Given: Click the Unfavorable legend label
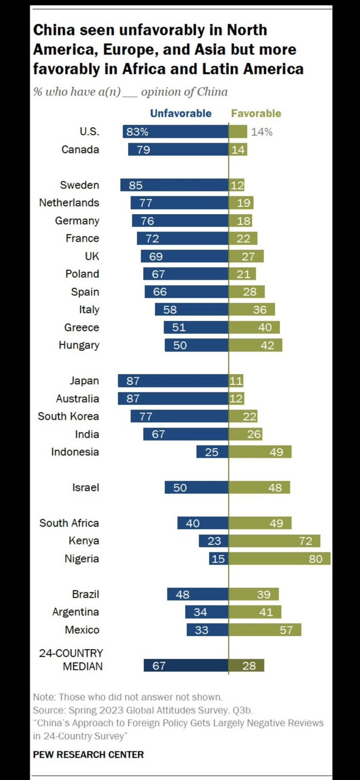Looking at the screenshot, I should click(x=181, y=113).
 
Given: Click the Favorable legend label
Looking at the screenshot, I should click(x=256, y=113).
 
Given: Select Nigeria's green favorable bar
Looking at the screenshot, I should click(x=279, y=558).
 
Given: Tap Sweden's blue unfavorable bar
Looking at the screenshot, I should click(x=174, y=185).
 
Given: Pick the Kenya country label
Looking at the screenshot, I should click(x=84, y=540).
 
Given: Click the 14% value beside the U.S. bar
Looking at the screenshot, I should click(x=262, y=132).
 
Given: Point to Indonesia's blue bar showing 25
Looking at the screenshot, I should click(x=212, y=452).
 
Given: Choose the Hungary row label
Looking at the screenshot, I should click(x=79, y=345).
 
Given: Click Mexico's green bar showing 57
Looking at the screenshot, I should click(x=265, y=630).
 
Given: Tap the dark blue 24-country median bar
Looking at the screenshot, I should click(x=186, y=665).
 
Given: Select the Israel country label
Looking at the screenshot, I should click(x=86, y=487).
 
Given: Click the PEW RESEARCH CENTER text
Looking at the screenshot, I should click(x=88, y=754).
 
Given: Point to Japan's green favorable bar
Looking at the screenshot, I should click(x=236, y=381).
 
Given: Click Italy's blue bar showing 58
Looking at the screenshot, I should click(x=192, y=309).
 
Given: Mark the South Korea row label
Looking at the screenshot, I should click(x=68, y=416).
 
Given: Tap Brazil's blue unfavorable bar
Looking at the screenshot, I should click(x=198, y=594).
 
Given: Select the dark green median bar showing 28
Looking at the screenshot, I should click(x=246, y=665).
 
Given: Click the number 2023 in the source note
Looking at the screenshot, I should click(x=112, y=710).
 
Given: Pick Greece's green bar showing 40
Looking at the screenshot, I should click(x=254, y=327).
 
